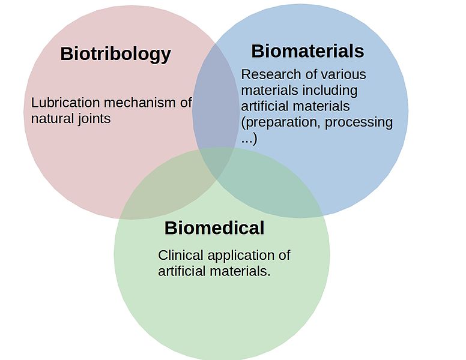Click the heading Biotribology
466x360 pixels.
click(x=116, y=55)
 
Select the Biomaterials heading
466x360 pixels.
click(x=307, y=51)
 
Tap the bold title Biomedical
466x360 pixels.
click(x=214, y=228)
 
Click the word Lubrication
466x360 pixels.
click(x=65, y=103)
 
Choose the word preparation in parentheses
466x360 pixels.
click(x=280, y=122)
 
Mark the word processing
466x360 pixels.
click(x=359, y=122)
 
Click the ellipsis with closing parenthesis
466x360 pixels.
click(x=249, y=139)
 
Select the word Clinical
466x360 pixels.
click(x=181, y=255)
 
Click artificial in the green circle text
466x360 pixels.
click(x=181, y=271)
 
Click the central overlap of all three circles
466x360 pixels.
click(x=216, y=162)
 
